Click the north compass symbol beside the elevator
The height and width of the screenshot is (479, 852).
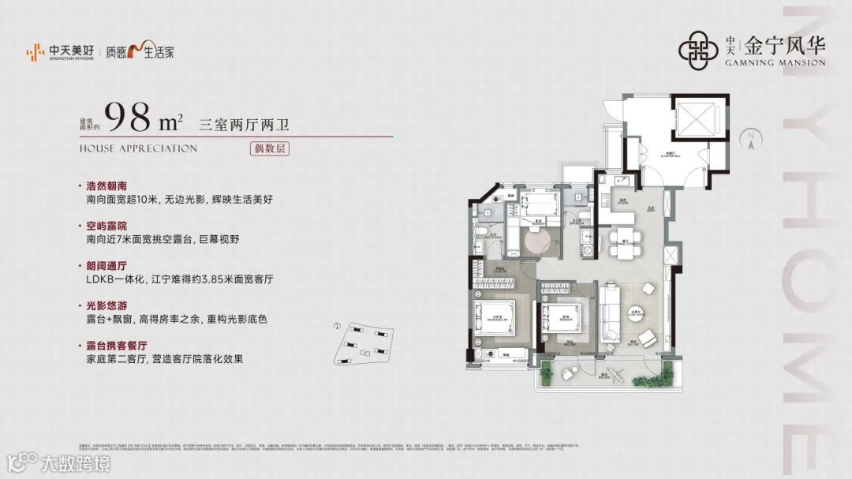pos(750,140)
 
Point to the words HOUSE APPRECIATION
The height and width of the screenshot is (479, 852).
pos(138,148)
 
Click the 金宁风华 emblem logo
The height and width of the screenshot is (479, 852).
pos(697,49)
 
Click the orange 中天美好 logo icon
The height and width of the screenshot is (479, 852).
pos(34,52)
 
